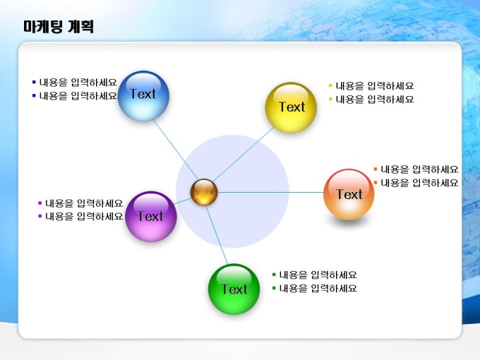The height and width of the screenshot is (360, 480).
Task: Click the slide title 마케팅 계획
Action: (59, 26)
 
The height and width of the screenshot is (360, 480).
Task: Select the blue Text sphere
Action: (143, 96)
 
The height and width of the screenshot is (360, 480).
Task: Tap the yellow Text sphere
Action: (291, 107)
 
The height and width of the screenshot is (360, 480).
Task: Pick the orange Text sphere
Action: (349, 194)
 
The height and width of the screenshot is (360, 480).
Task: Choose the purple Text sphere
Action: (150, 217)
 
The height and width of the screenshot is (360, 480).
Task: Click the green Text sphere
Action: (234, 289)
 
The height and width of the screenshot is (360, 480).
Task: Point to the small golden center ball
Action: (204, 192)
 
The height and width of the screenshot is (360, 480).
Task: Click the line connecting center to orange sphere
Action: (270, 193)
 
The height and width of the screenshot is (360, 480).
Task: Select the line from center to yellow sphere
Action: (244, 155)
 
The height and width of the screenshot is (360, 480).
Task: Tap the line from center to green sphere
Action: (217, 235)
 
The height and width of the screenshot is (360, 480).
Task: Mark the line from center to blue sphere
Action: (176, 150)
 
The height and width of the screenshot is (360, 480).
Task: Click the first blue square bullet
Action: (34, 82)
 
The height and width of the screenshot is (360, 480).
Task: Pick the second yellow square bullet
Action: (330, 100)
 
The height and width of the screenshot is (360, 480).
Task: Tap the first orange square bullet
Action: (376, 169)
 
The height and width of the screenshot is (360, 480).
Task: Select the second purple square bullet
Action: (40, 217)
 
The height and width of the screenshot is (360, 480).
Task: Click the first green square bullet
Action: (274, 275)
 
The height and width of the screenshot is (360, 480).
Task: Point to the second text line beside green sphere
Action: (318, 289)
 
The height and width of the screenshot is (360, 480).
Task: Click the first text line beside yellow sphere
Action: (375, 85)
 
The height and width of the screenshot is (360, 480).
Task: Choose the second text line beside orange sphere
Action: (419, 183)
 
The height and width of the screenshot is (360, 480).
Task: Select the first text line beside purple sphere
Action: (84, 203)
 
